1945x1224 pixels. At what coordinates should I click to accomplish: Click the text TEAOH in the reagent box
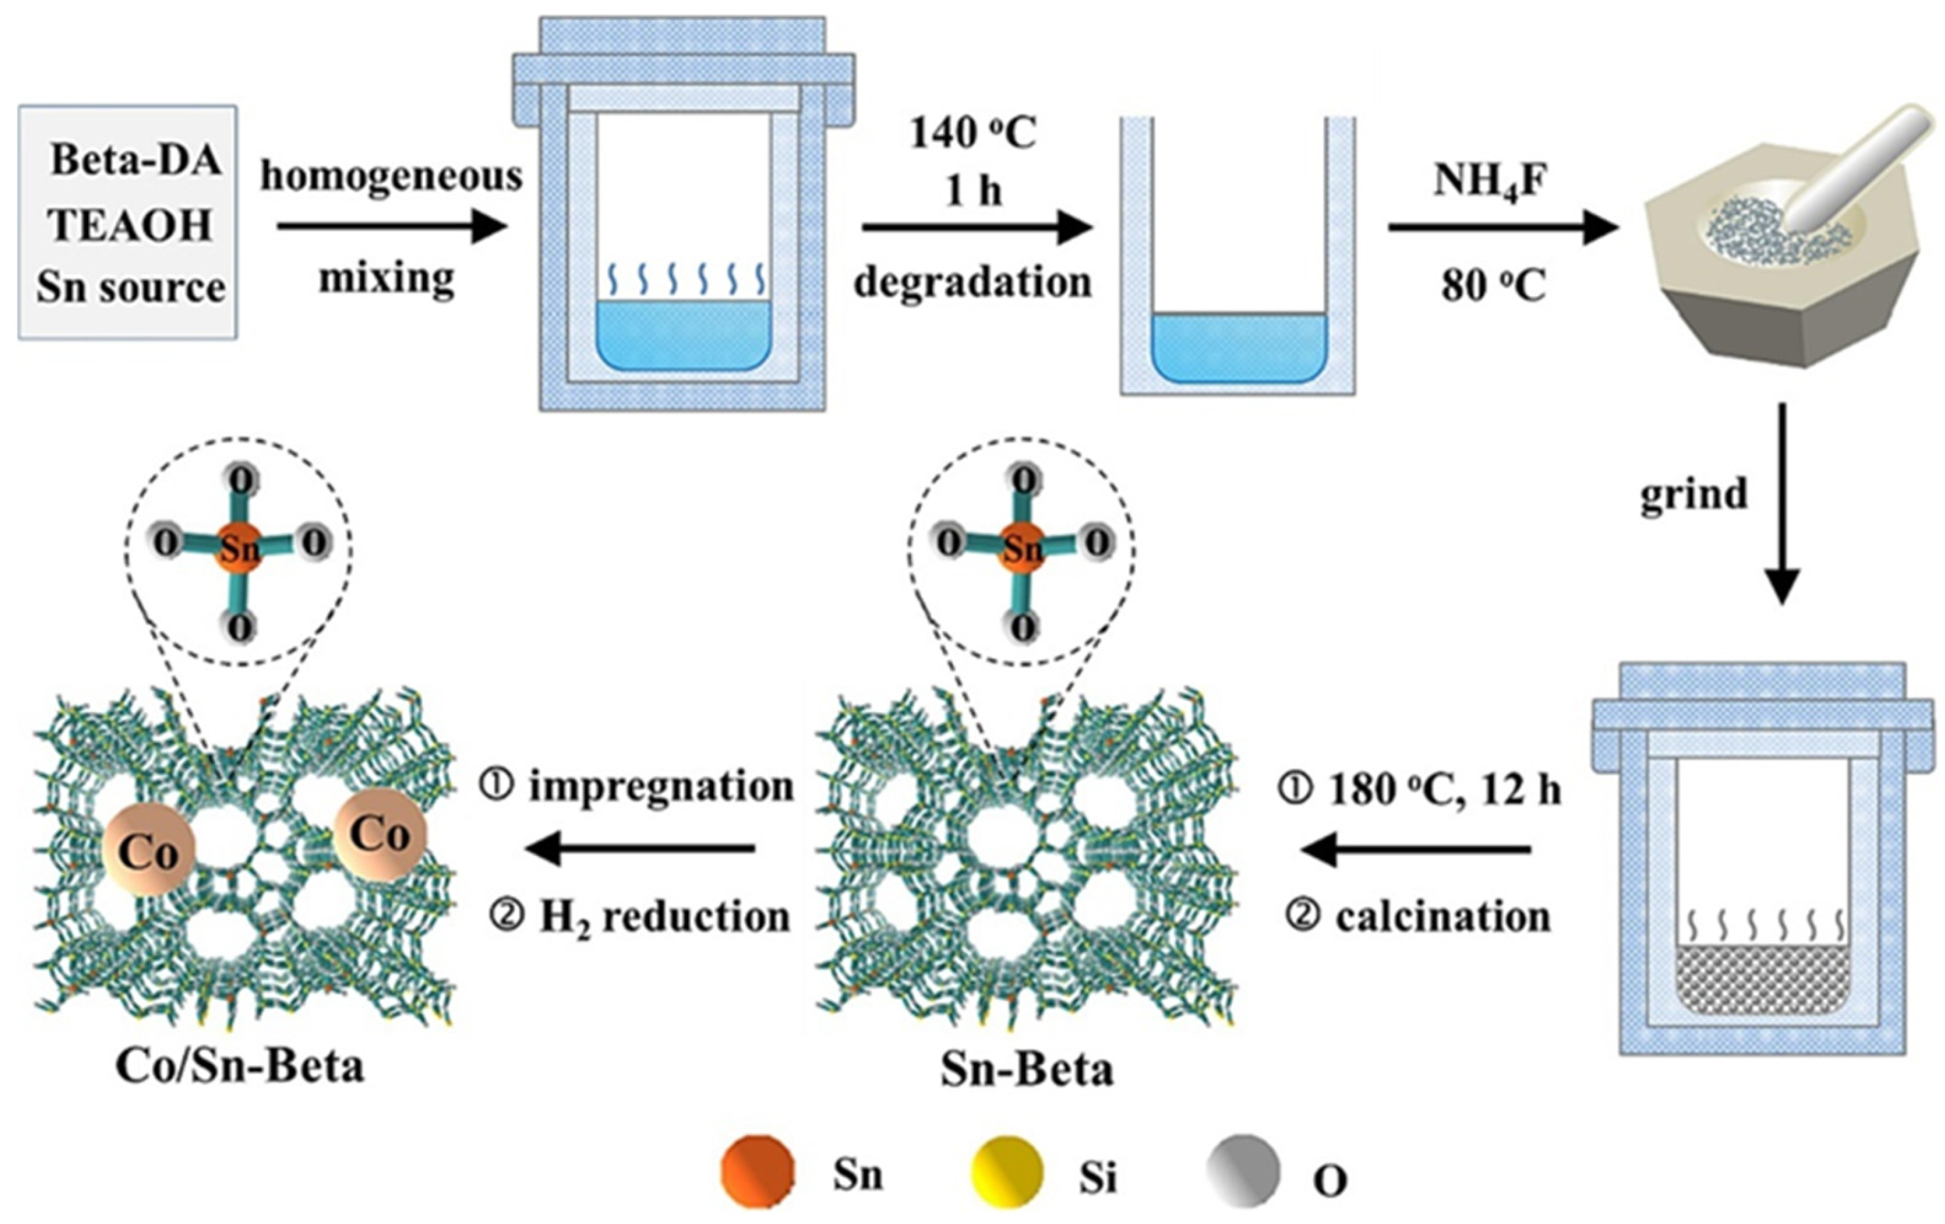pyautogui.click(x=130, y=225)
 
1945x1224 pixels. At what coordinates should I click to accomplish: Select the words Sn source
pyautogui.click(x=130, y=288)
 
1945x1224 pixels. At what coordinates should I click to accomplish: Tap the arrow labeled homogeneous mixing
pyautogui.click(x=391, y=226)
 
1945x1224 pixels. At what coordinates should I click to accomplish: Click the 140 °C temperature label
pyautogui.click(x=972, y=133)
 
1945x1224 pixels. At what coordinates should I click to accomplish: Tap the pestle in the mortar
pyautogui.click(x=1858, y=169)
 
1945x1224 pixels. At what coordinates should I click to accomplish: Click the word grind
pyautogui.click(x=1693, y=493)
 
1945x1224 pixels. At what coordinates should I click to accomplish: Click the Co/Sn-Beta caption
pyautogui.click(x=240, y=1066)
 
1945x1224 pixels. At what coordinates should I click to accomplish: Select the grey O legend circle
pyautogui.click(x=1243, y=1173)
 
